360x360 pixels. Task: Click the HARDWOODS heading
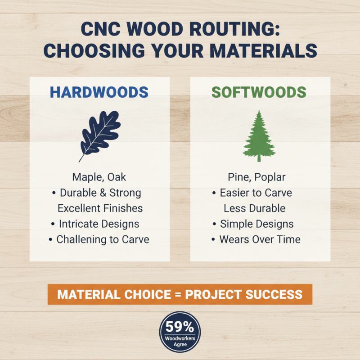(x=99, y=92)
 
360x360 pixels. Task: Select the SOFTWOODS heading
(x=259, y=92)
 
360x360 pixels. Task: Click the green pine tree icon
(x=259, y=135)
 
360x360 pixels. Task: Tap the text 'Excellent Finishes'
(x=100, y=208)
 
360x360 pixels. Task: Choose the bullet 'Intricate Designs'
(x=99, y=224)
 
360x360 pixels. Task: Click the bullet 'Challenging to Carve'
(x=103, y=239)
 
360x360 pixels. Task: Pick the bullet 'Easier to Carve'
(x=256, y=193)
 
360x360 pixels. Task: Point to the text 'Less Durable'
(x=255, y=208)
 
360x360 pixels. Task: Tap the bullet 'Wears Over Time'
(x=260, y=239)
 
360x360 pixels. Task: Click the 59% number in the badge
(x=180, y=327)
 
